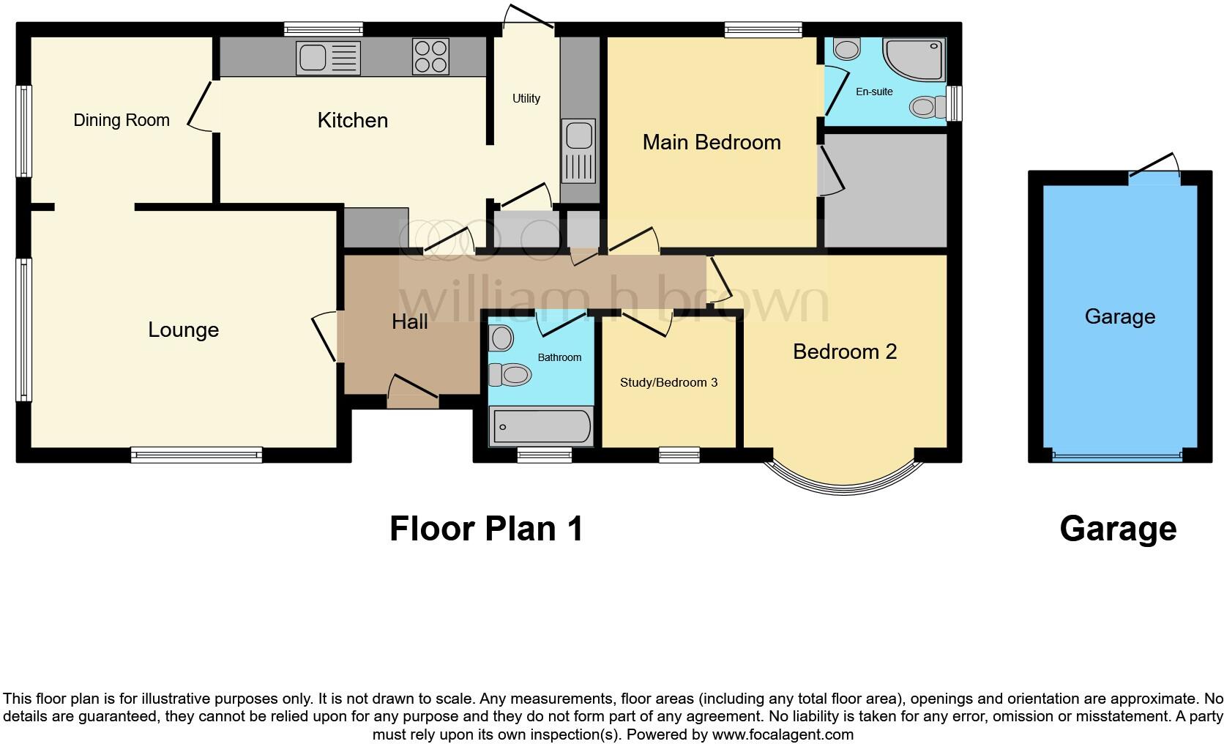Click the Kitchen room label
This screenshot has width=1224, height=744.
pyautogui.click(x=352, y=120)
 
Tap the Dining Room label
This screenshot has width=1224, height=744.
pyautogui.click(x=122, y=120)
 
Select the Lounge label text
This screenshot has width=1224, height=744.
pyautogui.click(x=183, y=330)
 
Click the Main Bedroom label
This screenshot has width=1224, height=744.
pyautogui.click(x=712, y=142)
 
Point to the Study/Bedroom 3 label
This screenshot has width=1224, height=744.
pyautogui.click(x=668, y=382)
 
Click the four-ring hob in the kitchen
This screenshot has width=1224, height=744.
pyautogui.click(x=430, y=56)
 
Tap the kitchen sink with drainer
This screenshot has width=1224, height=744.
pyautogui.click(x=328, y=58)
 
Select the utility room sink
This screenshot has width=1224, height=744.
pyautogui.click(x=579, y=152)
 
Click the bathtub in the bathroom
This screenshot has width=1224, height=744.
pyautogui.click(x=542, y=426)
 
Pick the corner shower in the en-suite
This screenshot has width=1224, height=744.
pyautogui.click(x=916, y=59)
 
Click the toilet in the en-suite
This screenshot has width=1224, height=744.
pyautogui.click(x=926, y=108)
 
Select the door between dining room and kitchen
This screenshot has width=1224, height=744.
pyautogui.click(x=199, y=107)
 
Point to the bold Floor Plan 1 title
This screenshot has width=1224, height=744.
pyautogui.click(x=486, y=529)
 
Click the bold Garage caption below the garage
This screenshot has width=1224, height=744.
pyautogui.click(x=1118, y=529)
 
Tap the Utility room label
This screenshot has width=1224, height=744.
pyautogui.click(x=526, y=98)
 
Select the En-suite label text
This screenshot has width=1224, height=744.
pyautogui.click(x=874, y=92)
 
